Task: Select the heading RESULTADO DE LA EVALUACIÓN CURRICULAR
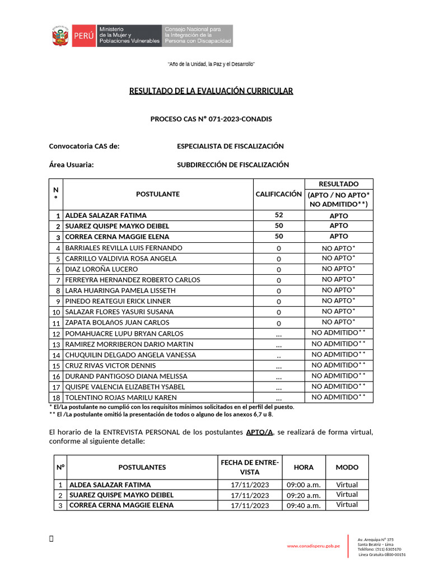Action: tap(211, 91)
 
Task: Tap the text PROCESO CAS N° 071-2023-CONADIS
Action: tap(211, 119)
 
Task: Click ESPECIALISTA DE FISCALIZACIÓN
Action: tap(230, 147)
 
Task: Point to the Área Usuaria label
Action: tap(71, 165)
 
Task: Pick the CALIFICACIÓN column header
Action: tap(278, 194)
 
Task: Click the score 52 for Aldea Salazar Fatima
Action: tap(278, 215)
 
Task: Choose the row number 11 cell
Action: tap(57, 323)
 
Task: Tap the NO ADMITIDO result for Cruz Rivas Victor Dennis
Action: tap(338, 365)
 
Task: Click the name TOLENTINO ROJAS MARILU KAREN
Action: tap(121, 398)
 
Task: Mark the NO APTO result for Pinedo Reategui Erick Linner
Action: tap(338, 301)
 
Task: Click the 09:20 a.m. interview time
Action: tap(303, 495)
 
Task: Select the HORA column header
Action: tap(303, 467)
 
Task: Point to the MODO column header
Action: tap(347, 467)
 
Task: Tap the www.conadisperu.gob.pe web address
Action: tap(314, 546)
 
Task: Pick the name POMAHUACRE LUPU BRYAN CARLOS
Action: tap(124, 334)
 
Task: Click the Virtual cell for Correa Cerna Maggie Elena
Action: tap(347, 505)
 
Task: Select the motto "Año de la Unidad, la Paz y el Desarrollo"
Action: tap(211, 65)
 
